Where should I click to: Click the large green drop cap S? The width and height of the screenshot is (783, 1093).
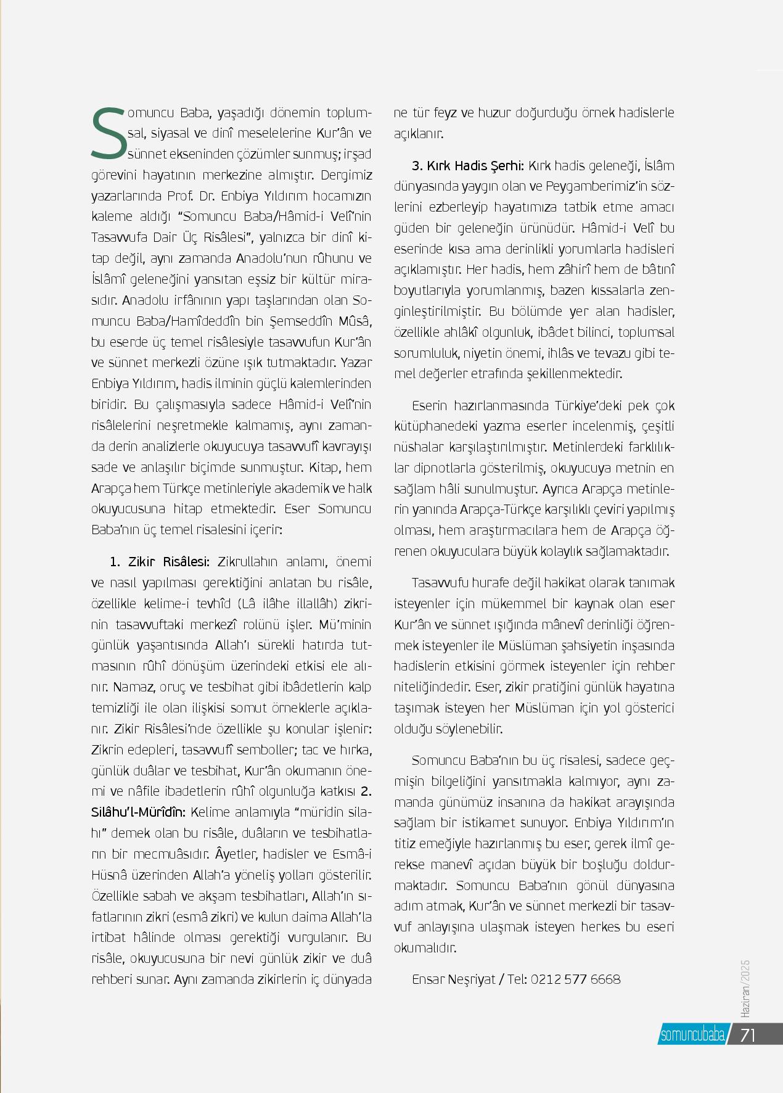tap(109, 133)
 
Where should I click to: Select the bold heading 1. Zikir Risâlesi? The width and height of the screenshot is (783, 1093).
tap(160, 562)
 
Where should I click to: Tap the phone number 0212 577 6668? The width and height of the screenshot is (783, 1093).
tap(575, 979)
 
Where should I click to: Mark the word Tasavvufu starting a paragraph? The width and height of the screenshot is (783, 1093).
tap(445, 582)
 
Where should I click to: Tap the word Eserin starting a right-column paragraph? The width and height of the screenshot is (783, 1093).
tap(430, 405)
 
